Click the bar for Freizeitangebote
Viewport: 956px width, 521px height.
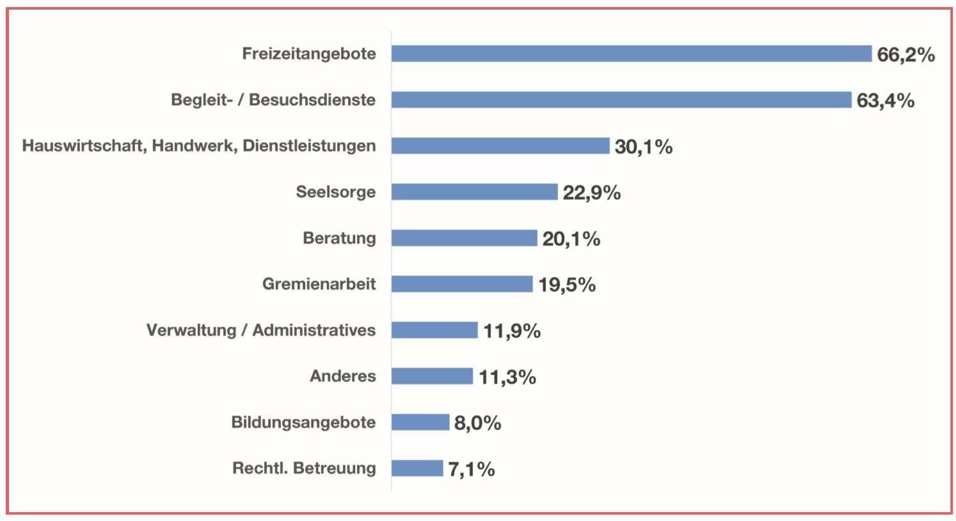(631, 54)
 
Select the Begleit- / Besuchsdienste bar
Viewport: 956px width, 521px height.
(621, 100)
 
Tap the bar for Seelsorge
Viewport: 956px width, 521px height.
(474, 192)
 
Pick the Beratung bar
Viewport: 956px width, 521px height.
(464, 238)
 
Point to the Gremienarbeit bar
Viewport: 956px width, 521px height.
(461, 284)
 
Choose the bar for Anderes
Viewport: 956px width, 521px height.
(432, 376)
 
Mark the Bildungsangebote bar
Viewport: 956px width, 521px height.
(420, 422)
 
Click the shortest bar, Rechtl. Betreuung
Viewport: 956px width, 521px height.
(417, 469)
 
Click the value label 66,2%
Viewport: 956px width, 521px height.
(905, 55)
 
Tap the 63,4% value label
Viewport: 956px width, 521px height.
(885, 101)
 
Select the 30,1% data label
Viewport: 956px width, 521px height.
(643, 147)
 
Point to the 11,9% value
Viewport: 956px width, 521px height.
(511, 332)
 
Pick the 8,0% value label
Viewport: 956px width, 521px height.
(477, 423)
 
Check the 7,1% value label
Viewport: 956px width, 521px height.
(471, 469)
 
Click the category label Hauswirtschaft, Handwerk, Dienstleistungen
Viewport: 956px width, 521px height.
(199, 146)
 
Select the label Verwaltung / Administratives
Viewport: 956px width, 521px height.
(260, 330)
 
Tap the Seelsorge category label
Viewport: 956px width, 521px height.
(335, 192)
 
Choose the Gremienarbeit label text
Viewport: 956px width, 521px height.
(319, 284)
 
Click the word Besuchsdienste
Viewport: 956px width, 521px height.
(312, 100)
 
